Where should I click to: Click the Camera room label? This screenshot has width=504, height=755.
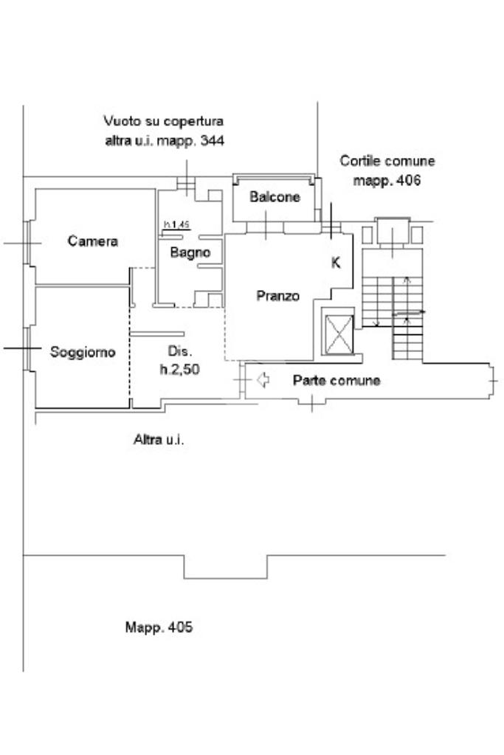click(x=93, y=241)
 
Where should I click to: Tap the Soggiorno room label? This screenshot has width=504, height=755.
click(x=83, y=353)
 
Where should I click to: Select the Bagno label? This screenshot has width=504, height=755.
click(x=190, y=252)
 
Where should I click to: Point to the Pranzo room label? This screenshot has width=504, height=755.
click(x=278, y=296)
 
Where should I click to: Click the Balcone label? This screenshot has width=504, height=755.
click(x=275, y=197)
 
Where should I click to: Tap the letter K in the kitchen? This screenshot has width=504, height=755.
click(x=336, y=262)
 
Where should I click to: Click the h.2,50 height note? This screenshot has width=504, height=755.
click(x=179, y=370)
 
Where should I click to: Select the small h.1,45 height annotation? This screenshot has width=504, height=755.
click(x=177, y=224)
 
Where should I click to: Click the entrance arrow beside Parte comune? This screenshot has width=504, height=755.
click(x=262, y=380)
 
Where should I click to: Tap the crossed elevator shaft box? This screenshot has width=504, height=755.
click(x=340, y=334)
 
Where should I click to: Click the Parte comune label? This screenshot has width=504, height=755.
click(x=336, y=381)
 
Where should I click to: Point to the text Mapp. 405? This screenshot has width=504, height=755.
click(x=159, y=627)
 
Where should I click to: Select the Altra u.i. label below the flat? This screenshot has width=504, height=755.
click(x=159, y=440)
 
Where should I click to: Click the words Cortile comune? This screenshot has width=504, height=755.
click(x=387, y=161)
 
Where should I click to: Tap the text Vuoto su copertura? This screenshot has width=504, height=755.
click(x=163, y=121)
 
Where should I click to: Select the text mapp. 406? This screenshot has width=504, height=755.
click(x=387, y=180)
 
